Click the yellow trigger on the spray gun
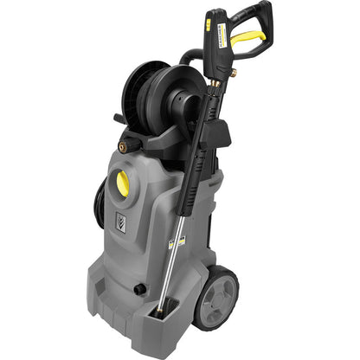247,37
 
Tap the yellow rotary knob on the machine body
123,183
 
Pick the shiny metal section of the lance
177,260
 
